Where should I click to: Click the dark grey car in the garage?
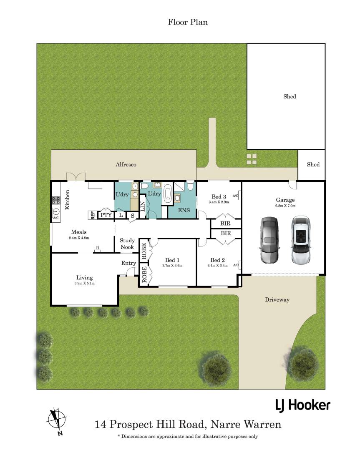[x=269, y=240]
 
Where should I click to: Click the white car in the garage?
[x=301, y=240]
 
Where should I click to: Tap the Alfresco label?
[x=126, y=165]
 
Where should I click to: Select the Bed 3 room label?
[x=219, y=196]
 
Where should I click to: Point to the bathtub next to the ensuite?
[x=168, y=194]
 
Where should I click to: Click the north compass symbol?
[x=57, y=420]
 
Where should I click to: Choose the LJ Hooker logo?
[x=303, y=405]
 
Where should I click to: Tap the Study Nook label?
[x=127, y=244]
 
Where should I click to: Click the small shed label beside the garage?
[x=313, y=165]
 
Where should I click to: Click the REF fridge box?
[x=93, y=215]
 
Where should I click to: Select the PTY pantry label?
[x=106, y=215]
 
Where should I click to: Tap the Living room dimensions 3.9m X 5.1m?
[x=85, y=284]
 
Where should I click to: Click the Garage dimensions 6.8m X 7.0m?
[x=285, y=206]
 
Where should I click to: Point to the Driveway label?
[x=277, y=300]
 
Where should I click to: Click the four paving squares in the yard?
[x=252, y=159]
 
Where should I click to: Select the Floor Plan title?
[x=188, y=22]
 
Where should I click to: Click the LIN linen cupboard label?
[x=143, y=206]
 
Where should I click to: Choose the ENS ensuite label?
[x=184, y=210]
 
